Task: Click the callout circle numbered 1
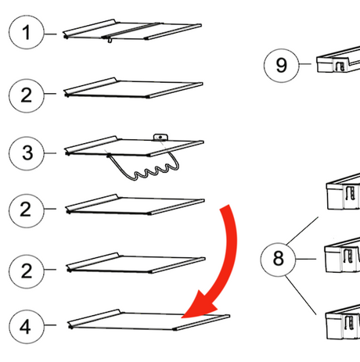[26, 32]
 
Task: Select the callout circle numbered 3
[27, 153]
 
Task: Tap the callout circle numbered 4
[27, 327]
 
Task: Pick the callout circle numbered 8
[278, 259]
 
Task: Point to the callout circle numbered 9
[281, 66]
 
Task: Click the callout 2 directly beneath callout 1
[27, 95]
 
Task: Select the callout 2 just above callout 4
[27, 271]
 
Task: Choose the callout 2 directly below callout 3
[27, 211]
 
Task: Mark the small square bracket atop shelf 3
[160, 137]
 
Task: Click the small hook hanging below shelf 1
[110, 40]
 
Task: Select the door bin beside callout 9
[338, 60]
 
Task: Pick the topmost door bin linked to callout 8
[344, 192]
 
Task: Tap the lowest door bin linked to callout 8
[343, 323]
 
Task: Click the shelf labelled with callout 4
[149, 321]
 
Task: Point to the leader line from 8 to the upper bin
[302, 231]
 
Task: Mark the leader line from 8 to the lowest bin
[301, 295]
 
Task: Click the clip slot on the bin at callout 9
[340, 66]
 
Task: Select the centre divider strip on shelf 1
[131, 30]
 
